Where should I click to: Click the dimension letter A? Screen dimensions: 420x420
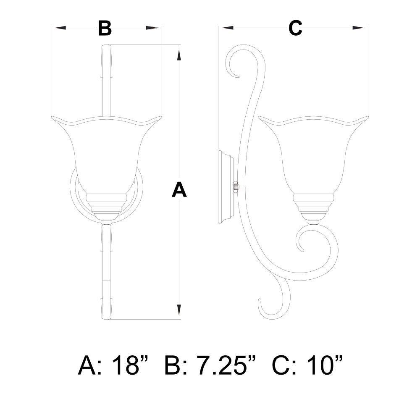(x=179, y=189)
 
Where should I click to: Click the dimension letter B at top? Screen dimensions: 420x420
(x=105, y=28)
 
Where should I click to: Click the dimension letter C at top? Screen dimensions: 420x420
(x=295, y=28)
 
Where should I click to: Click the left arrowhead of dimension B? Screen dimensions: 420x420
(x=60, y=28)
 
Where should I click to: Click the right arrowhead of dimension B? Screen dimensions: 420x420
(x=152, y=28)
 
